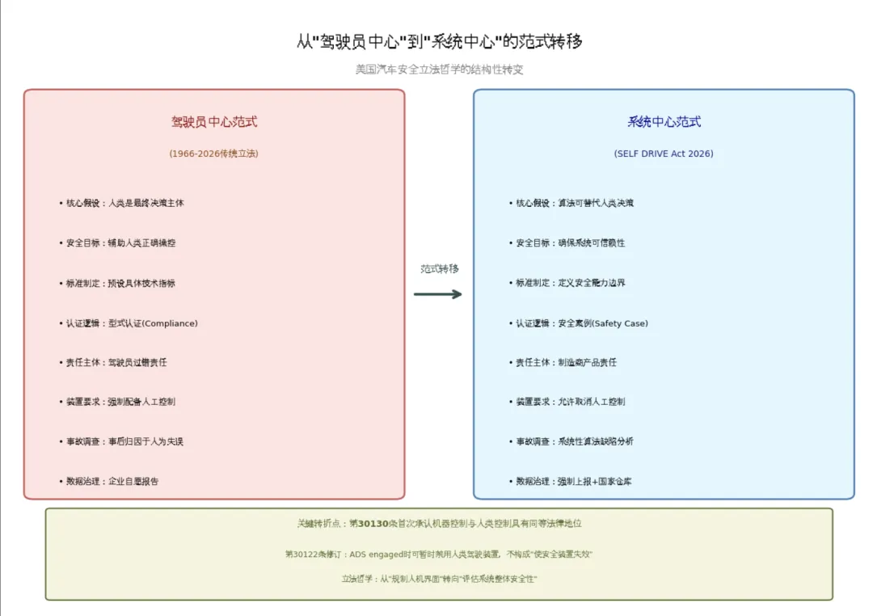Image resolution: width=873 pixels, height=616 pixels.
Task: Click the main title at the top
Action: coord(439,42)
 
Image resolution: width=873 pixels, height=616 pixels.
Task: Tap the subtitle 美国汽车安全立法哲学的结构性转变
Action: coord(439,70)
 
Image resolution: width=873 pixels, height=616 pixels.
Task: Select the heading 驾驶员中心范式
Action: coord(214,122)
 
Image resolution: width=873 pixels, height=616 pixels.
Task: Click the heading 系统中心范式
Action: coord(664,122)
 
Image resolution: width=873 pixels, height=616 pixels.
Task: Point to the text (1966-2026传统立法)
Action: coord(214,154)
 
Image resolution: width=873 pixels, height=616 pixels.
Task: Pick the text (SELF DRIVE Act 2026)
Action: coord(664,154)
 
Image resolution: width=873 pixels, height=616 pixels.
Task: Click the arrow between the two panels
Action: coord(438,294)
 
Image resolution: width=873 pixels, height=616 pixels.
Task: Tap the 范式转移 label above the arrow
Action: coord(439,269)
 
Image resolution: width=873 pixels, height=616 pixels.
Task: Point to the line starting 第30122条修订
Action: coord(439,555)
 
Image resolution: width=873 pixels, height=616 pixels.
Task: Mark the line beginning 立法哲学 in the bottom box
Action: coord(439,580)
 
